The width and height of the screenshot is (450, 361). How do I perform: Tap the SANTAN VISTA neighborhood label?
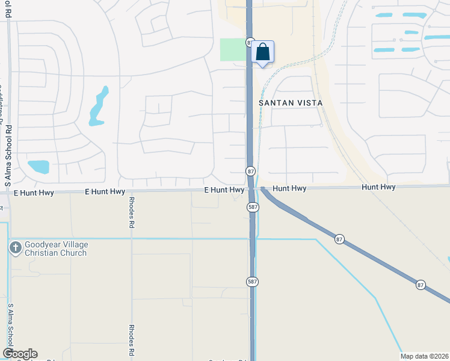click(x=291, y=103)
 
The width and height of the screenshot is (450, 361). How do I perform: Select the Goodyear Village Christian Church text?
click(x=56, y=248)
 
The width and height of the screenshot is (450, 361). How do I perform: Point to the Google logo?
click(x=20, y=354)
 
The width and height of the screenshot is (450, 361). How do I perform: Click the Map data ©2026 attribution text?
click(x=424, y=356)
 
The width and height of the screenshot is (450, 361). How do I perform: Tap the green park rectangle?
click(x=233, y=49)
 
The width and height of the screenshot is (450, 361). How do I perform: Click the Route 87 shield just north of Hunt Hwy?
click(x=250, y=171)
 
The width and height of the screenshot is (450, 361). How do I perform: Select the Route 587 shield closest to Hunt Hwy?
click(x=253, y=207)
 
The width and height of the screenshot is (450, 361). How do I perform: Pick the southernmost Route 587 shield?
click(x=253, y=281)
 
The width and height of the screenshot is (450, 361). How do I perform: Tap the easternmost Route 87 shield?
click(x=421, y=283)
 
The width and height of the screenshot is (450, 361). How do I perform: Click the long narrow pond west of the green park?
click(x=98, y=106)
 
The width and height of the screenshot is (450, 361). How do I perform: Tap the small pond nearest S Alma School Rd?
click(x=38, y=167)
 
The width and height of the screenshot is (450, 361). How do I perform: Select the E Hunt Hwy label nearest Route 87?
click(x=224, y=190)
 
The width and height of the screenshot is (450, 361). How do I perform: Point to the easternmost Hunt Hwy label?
click(x=378, y=188)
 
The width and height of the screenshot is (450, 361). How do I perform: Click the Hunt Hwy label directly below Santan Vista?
click(x=289, y=188)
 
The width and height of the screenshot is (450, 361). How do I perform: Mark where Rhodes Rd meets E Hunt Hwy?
click(x=131, y=193)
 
